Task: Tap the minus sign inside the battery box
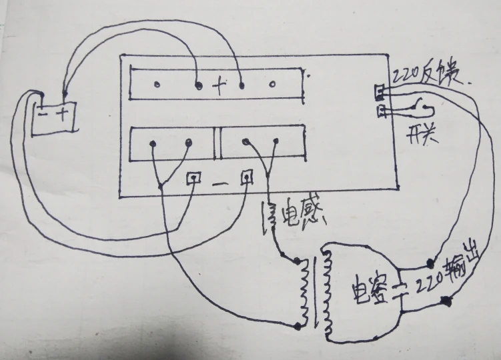click(x=44, y=113)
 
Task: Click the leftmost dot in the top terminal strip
click(x=156, y=85)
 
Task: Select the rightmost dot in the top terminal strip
click(x=273, y=85)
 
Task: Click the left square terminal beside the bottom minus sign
click(x=194, y=178)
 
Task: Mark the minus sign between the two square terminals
click(x=221, y=180)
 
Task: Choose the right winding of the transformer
click(x=326, y=293)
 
